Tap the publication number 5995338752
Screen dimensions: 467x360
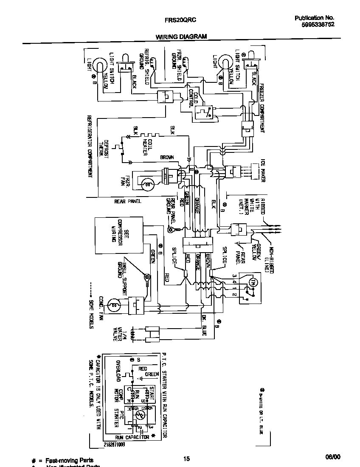click(x=315, y=25)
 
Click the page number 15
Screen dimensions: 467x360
click(x=186, y=458)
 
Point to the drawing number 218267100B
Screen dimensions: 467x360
click(x=114, y=444)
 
